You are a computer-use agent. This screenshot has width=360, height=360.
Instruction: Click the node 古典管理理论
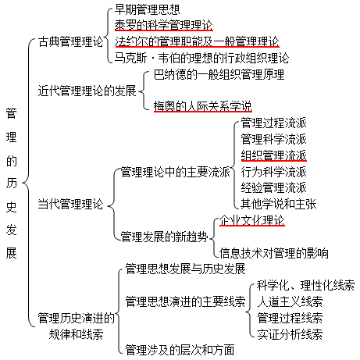[70, 41]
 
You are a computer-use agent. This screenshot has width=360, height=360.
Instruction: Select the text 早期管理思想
[147, 9]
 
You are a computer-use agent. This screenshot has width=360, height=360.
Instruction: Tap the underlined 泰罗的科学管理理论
[164, 25]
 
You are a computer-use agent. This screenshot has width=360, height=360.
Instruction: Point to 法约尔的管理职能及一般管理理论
[197, 41]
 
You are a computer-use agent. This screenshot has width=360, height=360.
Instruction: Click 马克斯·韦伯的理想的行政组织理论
[201, 58]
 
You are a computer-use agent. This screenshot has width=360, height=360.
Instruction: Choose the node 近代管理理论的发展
[87, 91]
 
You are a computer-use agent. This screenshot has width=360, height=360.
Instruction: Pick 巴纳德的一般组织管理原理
[219, 74]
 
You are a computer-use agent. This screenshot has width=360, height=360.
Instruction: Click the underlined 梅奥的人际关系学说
[203, 106]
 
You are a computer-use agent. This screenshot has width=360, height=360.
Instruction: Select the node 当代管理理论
[70, 204]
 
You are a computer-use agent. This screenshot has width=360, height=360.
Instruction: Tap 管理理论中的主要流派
[176, 172]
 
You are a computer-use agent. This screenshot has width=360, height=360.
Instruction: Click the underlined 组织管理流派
[273, 155]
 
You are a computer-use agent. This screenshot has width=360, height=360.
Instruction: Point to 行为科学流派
[273, 172]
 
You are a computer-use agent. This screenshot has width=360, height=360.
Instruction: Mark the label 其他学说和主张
[279, 204]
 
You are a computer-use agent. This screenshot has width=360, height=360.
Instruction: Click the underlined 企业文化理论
[252, 220]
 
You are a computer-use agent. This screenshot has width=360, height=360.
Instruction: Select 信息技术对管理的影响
[274, 253]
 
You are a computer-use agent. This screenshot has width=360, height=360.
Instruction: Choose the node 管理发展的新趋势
[165, 237]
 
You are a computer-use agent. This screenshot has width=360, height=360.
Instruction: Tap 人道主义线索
[290, 301]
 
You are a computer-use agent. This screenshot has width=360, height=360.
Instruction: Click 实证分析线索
[290, 334]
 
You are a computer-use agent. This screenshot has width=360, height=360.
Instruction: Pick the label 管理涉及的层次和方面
[180, 350]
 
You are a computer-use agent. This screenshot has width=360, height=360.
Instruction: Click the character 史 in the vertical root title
[12, 207]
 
